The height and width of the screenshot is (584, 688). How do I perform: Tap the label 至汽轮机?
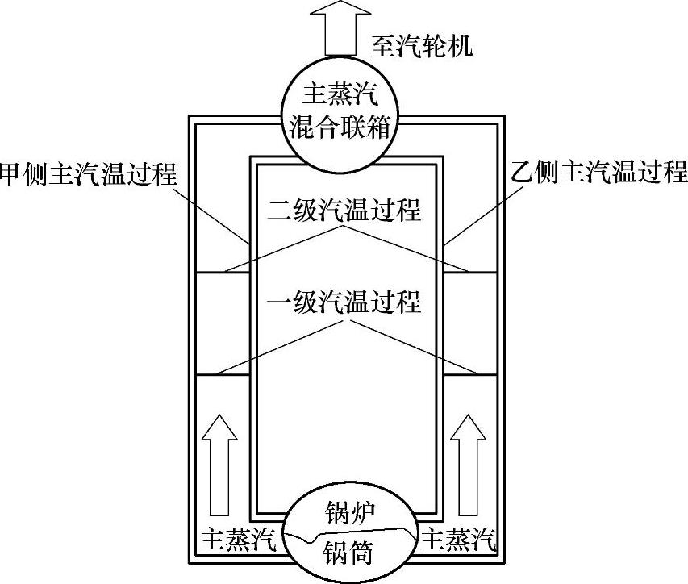coord(422,45)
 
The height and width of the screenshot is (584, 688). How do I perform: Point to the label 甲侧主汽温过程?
coord(89,173)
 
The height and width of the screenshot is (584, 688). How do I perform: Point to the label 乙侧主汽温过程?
coord(599,173)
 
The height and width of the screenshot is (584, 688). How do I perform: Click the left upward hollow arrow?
coord(219,465)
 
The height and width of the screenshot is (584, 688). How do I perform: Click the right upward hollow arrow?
coord(470,465)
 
